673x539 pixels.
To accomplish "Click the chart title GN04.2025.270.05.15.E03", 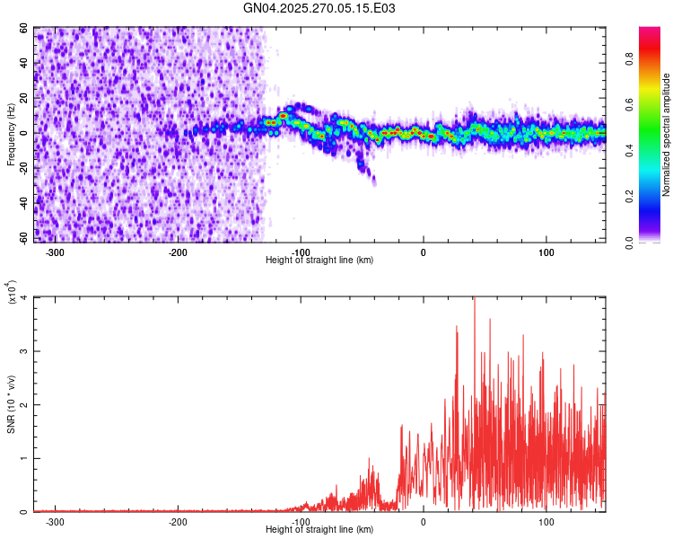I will point(319,8).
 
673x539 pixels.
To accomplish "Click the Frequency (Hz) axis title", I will point(11,135).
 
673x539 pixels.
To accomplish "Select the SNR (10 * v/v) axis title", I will point(11,404).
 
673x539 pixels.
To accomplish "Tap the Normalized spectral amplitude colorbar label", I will point(666,135).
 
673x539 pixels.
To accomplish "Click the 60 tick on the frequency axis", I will point(24,28).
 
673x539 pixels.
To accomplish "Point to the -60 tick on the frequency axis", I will point(22,237).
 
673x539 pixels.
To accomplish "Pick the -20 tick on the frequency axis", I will point(22,167).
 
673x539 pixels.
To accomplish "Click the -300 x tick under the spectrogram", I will point(55,252).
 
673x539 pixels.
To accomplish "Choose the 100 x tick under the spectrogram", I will point(546,252).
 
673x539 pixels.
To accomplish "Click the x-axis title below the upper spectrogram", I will point(319,261).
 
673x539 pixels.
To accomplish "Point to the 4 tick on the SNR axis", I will point(24,297).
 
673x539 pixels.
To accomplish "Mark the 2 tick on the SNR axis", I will point(24,404).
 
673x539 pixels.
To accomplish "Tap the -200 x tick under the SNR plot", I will point(178,521).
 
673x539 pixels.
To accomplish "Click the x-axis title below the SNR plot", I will point(319,530).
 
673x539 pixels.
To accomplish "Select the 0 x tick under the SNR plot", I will point(424,521).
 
